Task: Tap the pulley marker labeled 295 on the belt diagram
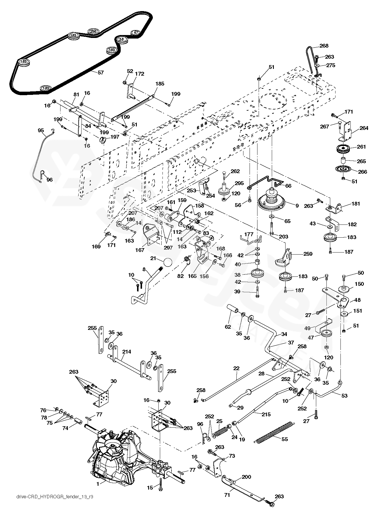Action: (93, 31)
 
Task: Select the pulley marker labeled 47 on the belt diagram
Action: (135, 32)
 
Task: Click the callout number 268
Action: (324, 46)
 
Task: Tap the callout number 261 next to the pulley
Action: (361, 147)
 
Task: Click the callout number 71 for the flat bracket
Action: (227, 495)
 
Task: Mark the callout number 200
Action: (246, 477)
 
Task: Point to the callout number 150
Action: (359, 284)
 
